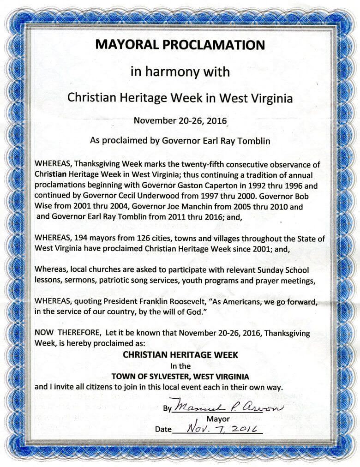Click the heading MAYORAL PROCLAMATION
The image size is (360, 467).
(180, 45)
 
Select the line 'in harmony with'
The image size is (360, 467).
(180, 72)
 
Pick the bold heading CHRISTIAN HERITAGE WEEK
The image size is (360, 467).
(180, 355)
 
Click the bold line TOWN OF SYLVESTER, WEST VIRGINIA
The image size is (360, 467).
(180, 376)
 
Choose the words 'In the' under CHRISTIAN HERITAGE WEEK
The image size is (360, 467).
(180, 366)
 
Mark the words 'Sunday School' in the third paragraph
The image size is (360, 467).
(287, 270)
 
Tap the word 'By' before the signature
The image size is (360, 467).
(167, 408)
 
